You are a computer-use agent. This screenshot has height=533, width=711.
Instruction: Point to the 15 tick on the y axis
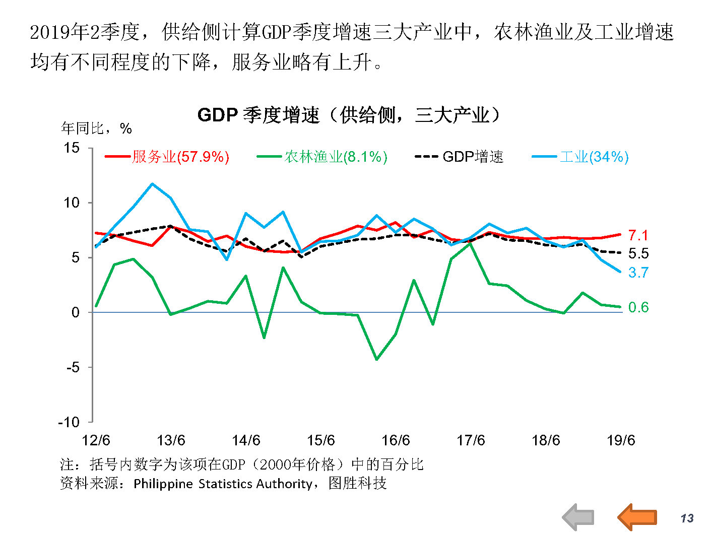click(72, 148)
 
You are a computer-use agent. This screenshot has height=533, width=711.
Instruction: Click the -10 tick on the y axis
click(69, 422)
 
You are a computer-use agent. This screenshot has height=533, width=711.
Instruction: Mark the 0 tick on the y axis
click(76, 312)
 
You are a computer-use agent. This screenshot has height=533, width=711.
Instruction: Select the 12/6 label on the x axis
click(96, 440)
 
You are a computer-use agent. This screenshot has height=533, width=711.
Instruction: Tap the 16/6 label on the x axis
click(396, 440)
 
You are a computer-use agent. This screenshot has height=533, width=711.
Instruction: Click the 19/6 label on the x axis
click(621, 440)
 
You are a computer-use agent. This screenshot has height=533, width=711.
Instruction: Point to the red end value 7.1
click(638, 235)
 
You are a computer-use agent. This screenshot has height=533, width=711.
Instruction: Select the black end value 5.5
click(638, 253)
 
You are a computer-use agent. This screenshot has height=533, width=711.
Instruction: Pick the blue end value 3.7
click(638, 273)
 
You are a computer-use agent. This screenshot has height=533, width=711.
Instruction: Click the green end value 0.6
click(638, 307)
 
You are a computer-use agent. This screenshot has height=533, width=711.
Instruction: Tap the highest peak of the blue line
click(152, 184)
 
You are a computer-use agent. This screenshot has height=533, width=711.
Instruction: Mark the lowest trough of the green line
click(376, 359)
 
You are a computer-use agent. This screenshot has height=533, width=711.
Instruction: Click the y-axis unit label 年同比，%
click(96, 128)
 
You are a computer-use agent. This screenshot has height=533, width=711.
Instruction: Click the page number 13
click(687, 518)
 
